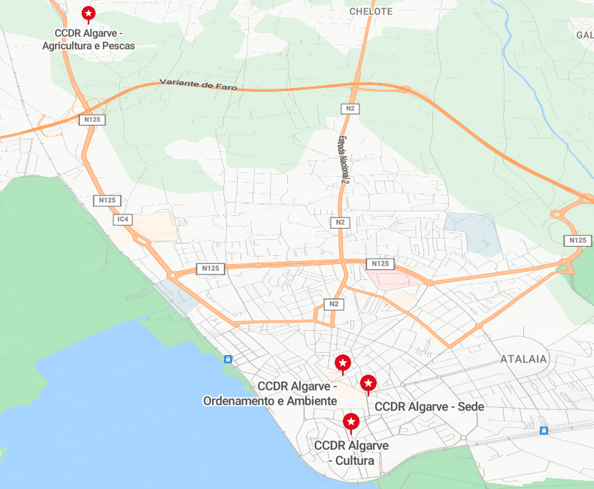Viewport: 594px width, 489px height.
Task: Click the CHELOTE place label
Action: coord(371,11)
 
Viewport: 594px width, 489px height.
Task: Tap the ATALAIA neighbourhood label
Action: coord(524,360)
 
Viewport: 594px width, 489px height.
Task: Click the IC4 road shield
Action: coord(123,220)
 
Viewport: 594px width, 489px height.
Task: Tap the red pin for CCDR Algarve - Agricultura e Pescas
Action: coord(89,14)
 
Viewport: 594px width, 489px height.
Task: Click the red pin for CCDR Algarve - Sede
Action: coord(368,383)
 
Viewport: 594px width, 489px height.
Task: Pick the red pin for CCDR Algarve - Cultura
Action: coord(350,421)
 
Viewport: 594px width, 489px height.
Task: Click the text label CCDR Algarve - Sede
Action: coord(429,407)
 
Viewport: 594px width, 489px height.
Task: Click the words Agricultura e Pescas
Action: coord(89,46)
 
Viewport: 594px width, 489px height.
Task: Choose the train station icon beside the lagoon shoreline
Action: coord(227,359)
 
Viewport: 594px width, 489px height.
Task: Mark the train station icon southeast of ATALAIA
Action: coord(544,430)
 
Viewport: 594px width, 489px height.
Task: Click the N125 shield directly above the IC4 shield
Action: coord(108,201)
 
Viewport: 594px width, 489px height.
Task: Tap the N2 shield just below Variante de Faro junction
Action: coord(350,109)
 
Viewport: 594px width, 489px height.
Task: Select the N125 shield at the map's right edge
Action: coord(577,240)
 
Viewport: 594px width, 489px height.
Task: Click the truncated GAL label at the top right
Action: coord(584,35)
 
